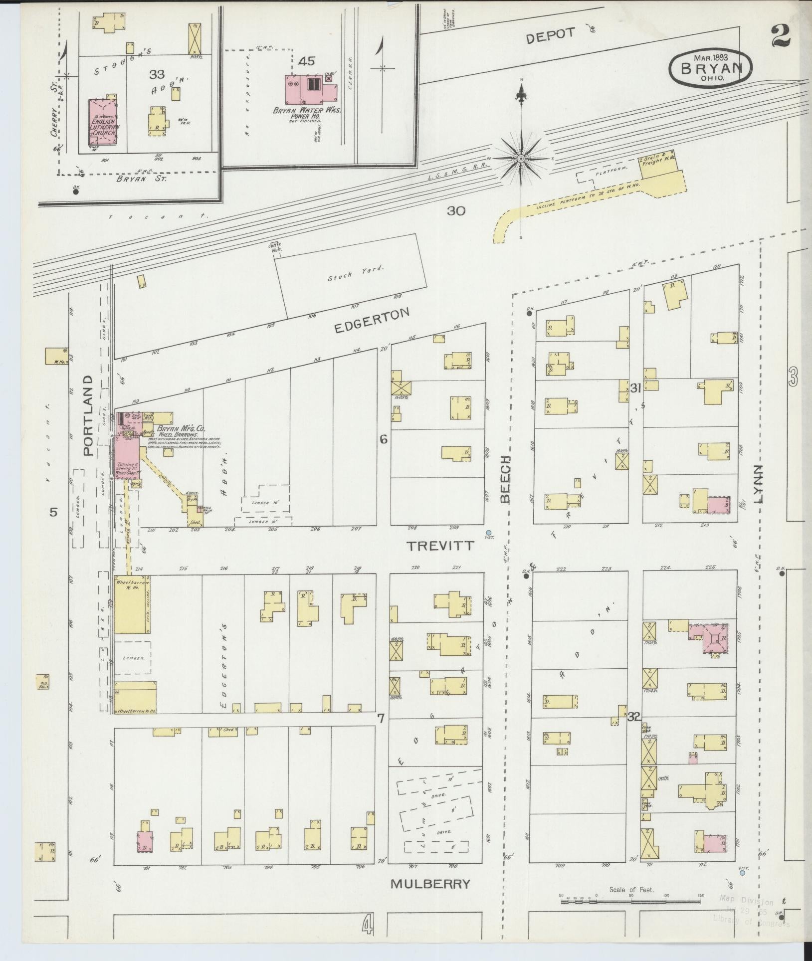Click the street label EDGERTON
tap(371, 321)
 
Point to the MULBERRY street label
tap(430, 884)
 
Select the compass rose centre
tap(521, 159)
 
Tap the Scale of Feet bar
tap(631, 901)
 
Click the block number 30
tap(455, 211)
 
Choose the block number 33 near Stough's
tap(157, 75)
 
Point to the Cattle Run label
tap(274, 247)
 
